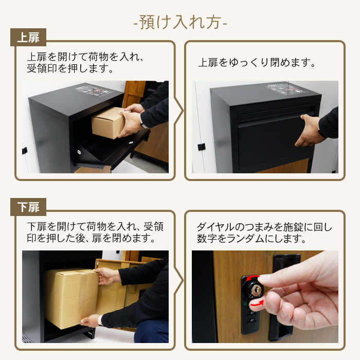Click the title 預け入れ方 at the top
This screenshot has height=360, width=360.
coord(180,23)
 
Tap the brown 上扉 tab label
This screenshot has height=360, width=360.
coord(28,38)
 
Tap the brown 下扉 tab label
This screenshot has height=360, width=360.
coord(28,207)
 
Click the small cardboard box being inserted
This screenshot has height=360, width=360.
coord(107,123)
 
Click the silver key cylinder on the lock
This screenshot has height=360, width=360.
coord(255,290)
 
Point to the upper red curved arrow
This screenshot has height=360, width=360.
coord(253,278)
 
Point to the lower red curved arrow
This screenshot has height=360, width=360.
coord(257,303)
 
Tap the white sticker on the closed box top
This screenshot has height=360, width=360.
coord(285,89)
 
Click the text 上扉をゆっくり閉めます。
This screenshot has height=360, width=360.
coord(257,63)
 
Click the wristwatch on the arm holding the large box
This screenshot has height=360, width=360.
coord(100,320)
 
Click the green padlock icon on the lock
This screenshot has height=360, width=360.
coord(245,303)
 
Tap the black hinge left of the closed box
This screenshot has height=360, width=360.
coord(202,147)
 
